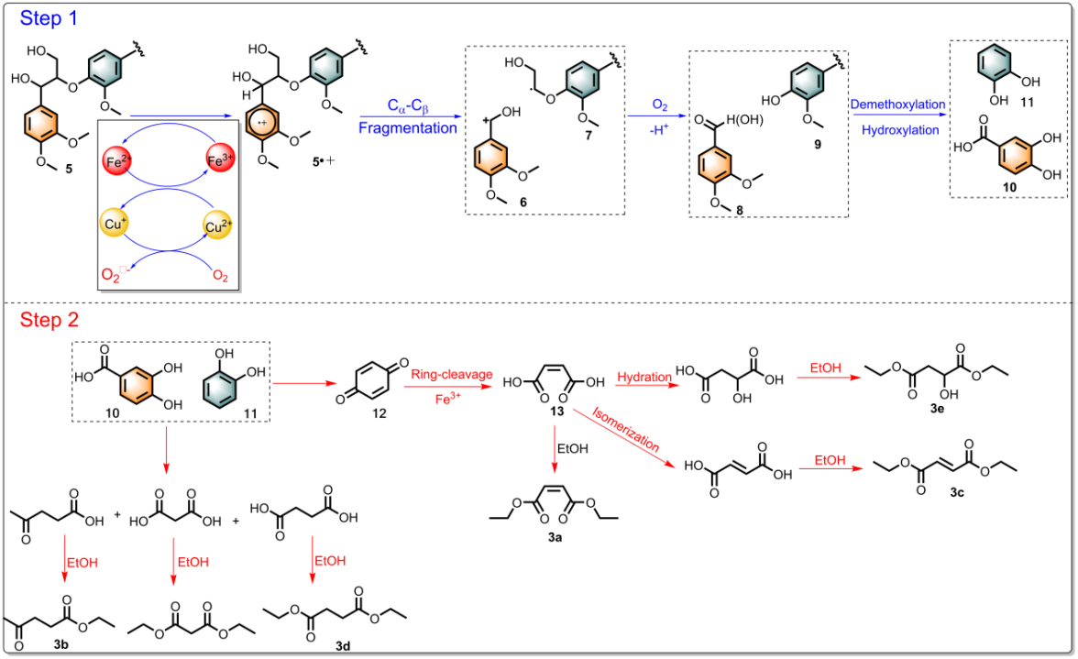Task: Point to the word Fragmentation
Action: click(407, 128)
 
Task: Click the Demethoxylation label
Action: click(897, 104)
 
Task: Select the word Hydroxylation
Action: click(897, 130)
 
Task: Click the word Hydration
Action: click(643, 377)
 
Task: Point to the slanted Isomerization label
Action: click(628, 428)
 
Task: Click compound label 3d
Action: click(342, 647)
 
